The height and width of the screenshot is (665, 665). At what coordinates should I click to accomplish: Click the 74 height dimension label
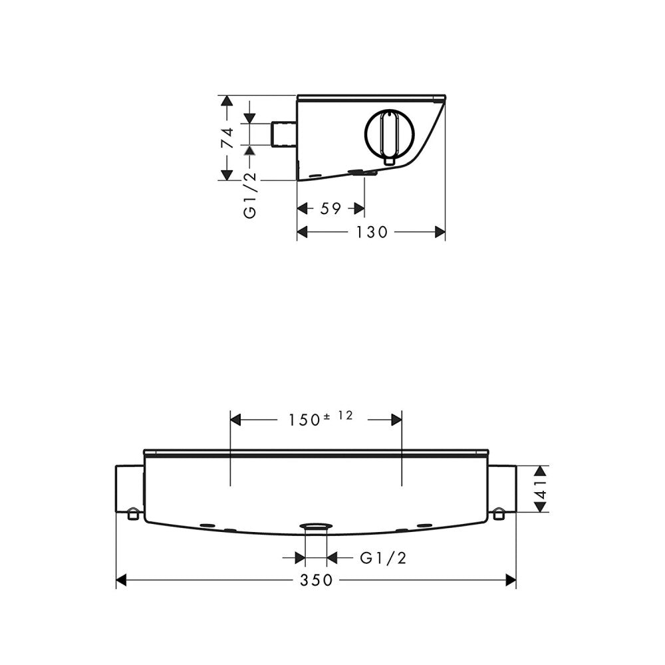[227, 137]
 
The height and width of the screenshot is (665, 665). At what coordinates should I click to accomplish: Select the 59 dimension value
[331, 209]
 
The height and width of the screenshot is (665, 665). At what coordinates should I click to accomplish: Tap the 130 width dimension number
[370, 232]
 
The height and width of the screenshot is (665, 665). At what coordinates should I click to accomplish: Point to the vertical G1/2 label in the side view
[250, 194]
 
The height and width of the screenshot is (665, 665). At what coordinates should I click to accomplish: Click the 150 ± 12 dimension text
[320, 419]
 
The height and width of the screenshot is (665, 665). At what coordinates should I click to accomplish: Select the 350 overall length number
[315, 581]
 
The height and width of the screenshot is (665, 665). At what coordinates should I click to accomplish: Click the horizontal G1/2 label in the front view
[382, 558]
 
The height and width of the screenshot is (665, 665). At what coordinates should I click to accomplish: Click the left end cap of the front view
[130, 489]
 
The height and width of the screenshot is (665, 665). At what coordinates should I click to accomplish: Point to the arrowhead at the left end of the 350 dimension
[122, 581]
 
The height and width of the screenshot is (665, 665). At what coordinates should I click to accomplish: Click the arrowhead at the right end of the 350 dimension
[511, 581]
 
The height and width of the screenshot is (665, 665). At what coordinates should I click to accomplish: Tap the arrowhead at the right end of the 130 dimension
[440, 232]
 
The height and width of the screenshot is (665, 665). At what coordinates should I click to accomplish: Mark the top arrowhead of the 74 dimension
[227, 101]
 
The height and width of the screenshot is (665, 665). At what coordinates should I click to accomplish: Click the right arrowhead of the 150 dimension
[396, 420]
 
